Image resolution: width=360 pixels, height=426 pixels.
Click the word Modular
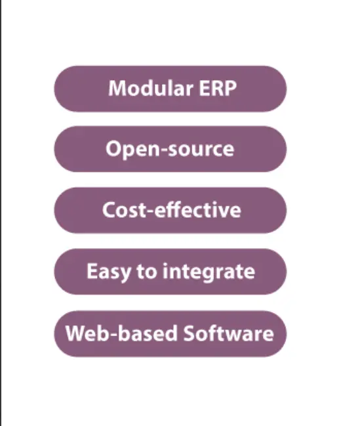click(151, 88)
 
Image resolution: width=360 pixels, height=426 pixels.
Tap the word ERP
click(218, 89)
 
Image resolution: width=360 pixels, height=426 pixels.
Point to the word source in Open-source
click(201, 150)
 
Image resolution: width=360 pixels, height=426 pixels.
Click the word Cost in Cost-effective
click(125, 210)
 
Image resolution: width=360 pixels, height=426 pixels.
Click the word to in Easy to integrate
click(147, 272)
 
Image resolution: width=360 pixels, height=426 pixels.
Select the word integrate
click(209, 272)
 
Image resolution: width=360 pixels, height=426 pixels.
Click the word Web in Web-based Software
click(87, 333)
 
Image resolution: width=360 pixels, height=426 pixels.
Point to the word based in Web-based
click(148, 333)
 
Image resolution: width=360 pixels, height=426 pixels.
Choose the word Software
click(229, 333)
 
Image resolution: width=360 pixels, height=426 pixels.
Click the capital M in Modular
click(117, 89)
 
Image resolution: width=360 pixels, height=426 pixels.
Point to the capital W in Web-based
click(77, 333)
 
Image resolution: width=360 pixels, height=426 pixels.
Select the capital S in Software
click(190, 333)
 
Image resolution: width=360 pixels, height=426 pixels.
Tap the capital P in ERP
click(231, 89)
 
